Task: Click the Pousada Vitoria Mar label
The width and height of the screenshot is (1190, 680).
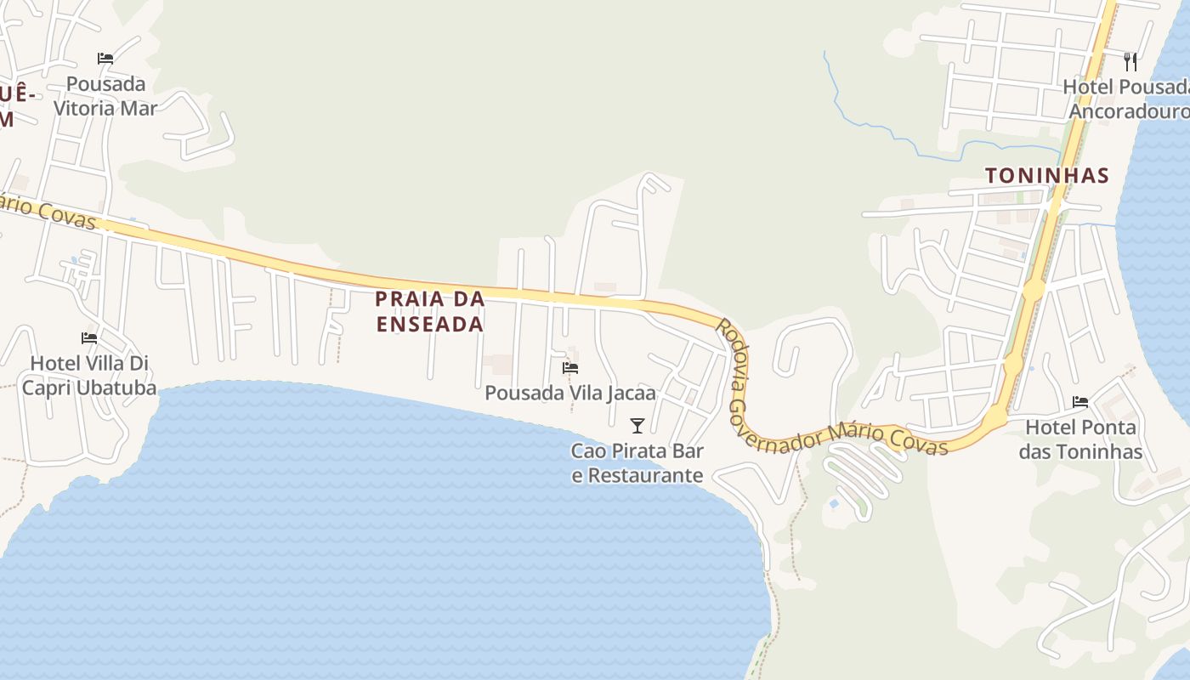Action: click(105, 96)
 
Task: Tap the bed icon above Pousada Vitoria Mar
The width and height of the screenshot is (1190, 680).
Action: click(105, 59)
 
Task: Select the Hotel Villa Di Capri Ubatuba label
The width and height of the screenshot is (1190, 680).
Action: click(89, 376)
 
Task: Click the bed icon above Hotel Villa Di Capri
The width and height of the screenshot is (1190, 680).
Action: click(89, 338)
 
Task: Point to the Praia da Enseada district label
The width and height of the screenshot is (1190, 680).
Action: click(430, 311)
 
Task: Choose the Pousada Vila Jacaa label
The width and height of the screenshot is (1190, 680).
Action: click(570, 394)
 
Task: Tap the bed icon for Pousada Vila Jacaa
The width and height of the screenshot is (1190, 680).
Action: click(570, 368)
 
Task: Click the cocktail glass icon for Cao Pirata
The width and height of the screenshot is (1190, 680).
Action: click(637, 425)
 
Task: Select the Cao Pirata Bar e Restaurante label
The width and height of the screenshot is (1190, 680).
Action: click(637, 463)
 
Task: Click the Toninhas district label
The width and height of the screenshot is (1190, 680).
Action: click(1047, 176)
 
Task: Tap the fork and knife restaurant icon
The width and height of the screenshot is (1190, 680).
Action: click(1130, 61)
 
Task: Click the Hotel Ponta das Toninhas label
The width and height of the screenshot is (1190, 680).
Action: click(1081, 439)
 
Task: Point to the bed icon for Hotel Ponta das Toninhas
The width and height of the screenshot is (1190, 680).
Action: click(1080, 402)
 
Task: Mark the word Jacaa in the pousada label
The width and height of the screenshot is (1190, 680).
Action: click(632, 394)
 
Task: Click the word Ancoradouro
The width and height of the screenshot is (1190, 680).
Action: click(1129, 112)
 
